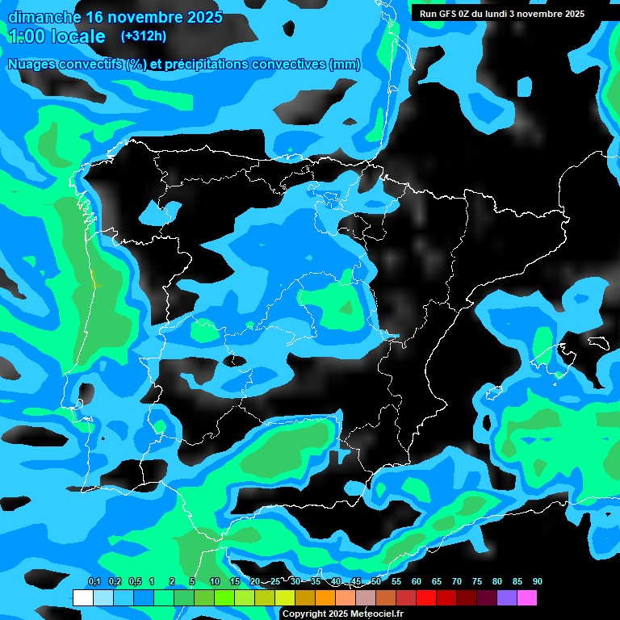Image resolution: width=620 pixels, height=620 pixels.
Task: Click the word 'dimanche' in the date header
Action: tap(44, 17)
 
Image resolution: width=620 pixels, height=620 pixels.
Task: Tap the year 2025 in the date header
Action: tap(199, 17)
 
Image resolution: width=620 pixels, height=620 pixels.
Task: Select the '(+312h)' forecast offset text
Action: tap(144, 36)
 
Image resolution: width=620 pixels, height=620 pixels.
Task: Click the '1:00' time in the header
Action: tap(27, 36)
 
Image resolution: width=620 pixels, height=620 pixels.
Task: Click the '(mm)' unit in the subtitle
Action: tap(345, 65)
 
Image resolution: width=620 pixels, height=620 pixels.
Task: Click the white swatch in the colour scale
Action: tap(82, 598)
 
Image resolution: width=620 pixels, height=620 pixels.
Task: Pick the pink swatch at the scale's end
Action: tap(526, 598)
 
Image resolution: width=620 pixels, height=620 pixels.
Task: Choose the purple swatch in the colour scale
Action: tap(506, 598)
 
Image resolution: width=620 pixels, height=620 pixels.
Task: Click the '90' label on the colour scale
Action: tap(538, 582)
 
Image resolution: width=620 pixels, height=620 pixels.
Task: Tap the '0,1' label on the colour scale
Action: tap(94, 582)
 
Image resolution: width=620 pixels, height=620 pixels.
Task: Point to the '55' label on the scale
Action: tap(396, 582)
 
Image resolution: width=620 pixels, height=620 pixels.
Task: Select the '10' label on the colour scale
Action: tap(215, 582)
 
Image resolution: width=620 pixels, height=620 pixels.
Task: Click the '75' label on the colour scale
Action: tap(477, 582)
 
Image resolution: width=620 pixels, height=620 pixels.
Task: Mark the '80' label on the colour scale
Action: tap(497, 582)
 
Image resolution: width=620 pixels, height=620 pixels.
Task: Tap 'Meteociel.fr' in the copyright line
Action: tap(376, 614)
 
